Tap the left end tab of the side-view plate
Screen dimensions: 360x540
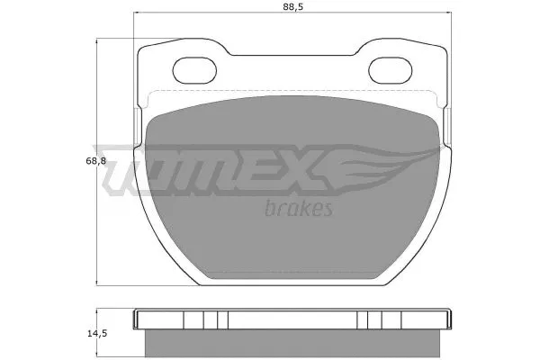[x=139, y=319]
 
